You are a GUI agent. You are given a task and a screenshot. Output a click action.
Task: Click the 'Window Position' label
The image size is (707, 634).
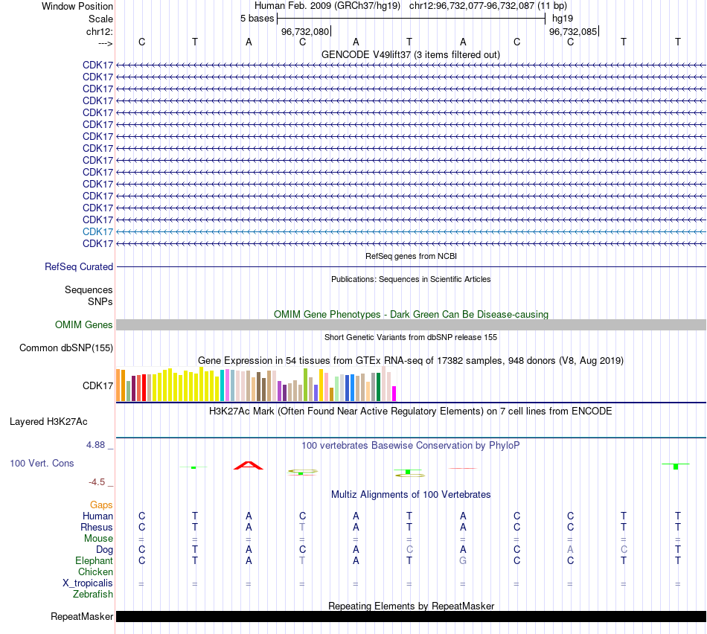click(77, 6)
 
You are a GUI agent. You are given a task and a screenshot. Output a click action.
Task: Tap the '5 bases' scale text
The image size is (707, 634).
click(257, 18)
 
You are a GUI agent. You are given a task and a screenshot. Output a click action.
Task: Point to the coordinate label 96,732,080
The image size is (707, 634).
click(305, 31)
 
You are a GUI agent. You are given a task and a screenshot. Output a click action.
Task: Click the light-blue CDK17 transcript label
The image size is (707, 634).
click(97, 231)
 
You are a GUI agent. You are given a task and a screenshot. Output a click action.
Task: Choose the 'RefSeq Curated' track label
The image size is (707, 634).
click(79, 266)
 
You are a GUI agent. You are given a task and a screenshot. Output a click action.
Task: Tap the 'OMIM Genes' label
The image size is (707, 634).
click(84, 324)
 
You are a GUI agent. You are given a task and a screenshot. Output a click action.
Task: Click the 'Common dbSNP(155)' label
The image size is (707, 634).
click(66, 348)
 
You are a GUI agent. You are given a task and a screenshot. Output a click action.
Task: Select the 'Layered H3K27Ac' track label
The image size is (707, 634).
click(48, 421)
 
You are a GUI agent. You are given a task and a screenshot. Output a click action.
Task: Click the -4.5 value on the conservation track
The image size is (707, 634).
click(100, 481)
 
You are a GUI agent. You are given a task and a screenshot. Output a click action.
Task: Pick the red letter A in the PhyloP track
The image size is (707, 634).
click(249, 465)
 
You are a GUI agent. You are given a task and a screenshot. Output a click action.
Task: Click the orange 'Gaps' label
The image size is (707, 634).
click(101, 505)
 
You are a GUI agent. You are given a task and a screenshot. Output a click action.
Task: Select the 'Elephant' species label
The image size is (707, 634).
click(94, 560)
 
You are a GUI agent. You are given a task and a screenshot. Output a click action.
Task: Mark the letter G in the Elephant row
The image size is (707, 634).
click(463, 560)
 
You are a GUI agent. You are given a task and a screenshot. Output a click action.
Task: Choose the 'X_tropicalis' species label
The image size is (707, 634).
click(88, 583)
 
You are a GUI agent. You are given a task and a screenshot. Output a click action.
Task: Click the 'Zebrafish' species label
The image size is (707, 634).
click(93, 594)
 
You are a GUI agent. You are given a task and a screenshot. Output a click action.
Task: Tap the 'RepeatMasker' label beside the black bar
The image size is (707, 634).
click(82, 616)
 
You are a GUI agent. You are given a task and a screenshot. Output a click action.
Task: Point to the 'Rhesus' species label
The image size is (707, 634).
click(97, 527)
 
